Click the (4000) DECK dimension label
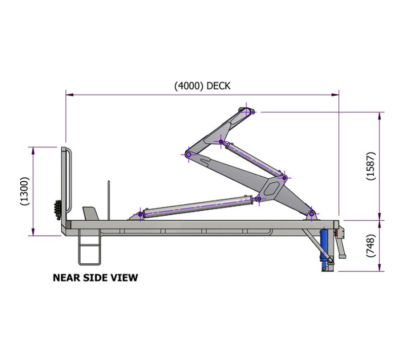coord(202,86)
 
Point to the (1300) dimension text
coord(24,191)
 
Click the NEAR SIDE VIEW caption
coord(95,278)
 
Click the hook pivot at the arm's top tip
coord(247,111)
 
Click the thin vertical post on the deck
coord(108,200)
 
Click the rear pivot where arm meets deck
coord(312,214)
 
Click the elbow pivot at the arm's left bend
coord(188,154)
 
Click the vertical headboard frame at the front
coord(65,187)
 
